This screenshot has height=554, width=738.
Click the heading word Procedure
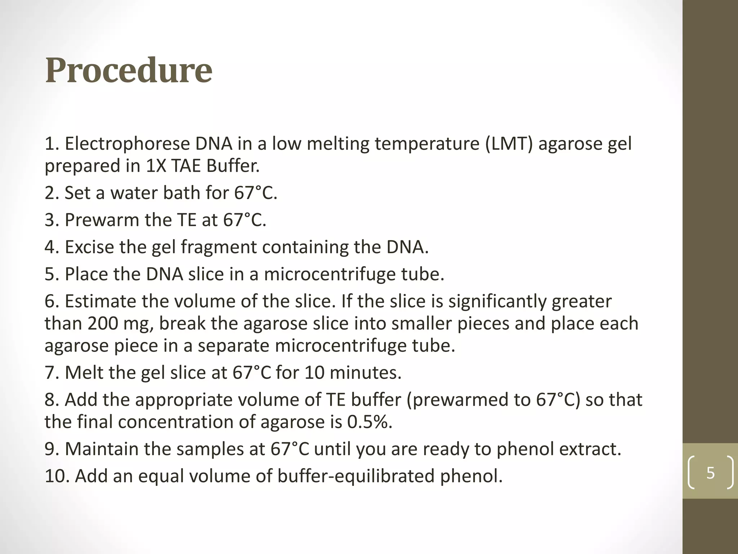click(129, 70)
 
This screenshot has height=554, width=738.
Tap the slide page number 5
click(710, 472)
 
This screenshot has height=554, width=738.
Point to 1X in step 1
click(156, 166)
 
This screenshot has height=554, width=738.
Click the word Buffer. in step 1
click(233, 166)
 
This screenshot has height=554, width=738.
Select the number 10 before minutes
click(315, 373)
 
